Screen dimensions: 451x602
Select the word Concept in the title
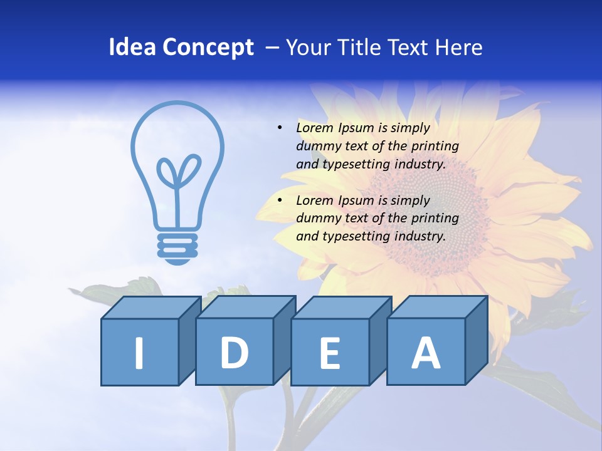(209, 48)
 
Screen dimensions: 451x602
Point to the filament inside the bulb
(178, 182)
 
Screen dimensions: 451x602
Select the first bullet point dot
(280, 128)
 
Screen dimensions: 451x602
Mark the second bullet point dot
(280, 200)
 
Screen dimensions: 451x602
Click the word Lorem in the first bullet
(315, 128)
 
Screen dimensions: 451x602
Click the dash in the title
(273, 48)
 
